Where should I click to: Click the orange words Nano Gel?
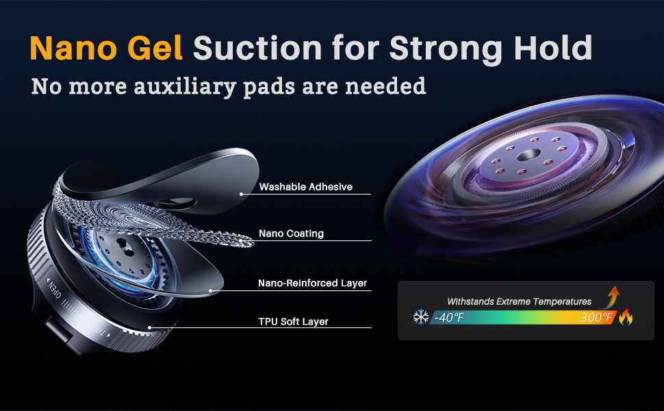coord(106,49)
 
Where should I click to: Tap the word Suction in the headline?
coord(257,48)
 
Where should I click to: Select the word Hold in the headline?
coord(553,48)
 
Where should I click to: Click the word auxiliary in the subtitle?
coord(185,86)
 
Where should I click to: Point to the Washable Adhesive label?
coord(306,187)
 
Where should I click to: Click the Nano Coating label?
coord(292,234)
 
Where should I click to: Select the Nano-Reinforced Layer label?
coord(313,283)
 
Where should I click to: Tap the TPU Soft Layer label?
coord(294,321)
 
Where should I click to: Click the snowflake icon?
coord(421,316)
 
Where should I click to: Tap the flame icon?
coord(626,317)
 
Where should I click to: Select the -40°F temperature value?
coord(449,317)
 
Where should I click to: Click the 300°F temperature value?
coord(597,317)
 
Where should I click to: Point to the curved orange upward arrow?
coord(610,297)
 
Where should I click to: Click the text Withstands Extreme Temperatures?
coord(519,301)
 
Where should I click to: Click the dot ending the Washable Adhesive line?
coord(242,194)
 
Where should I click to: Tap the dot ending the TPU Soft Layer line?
coord(149,327)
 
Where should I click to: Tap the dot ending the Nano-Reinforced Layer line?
coord(211,290)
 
